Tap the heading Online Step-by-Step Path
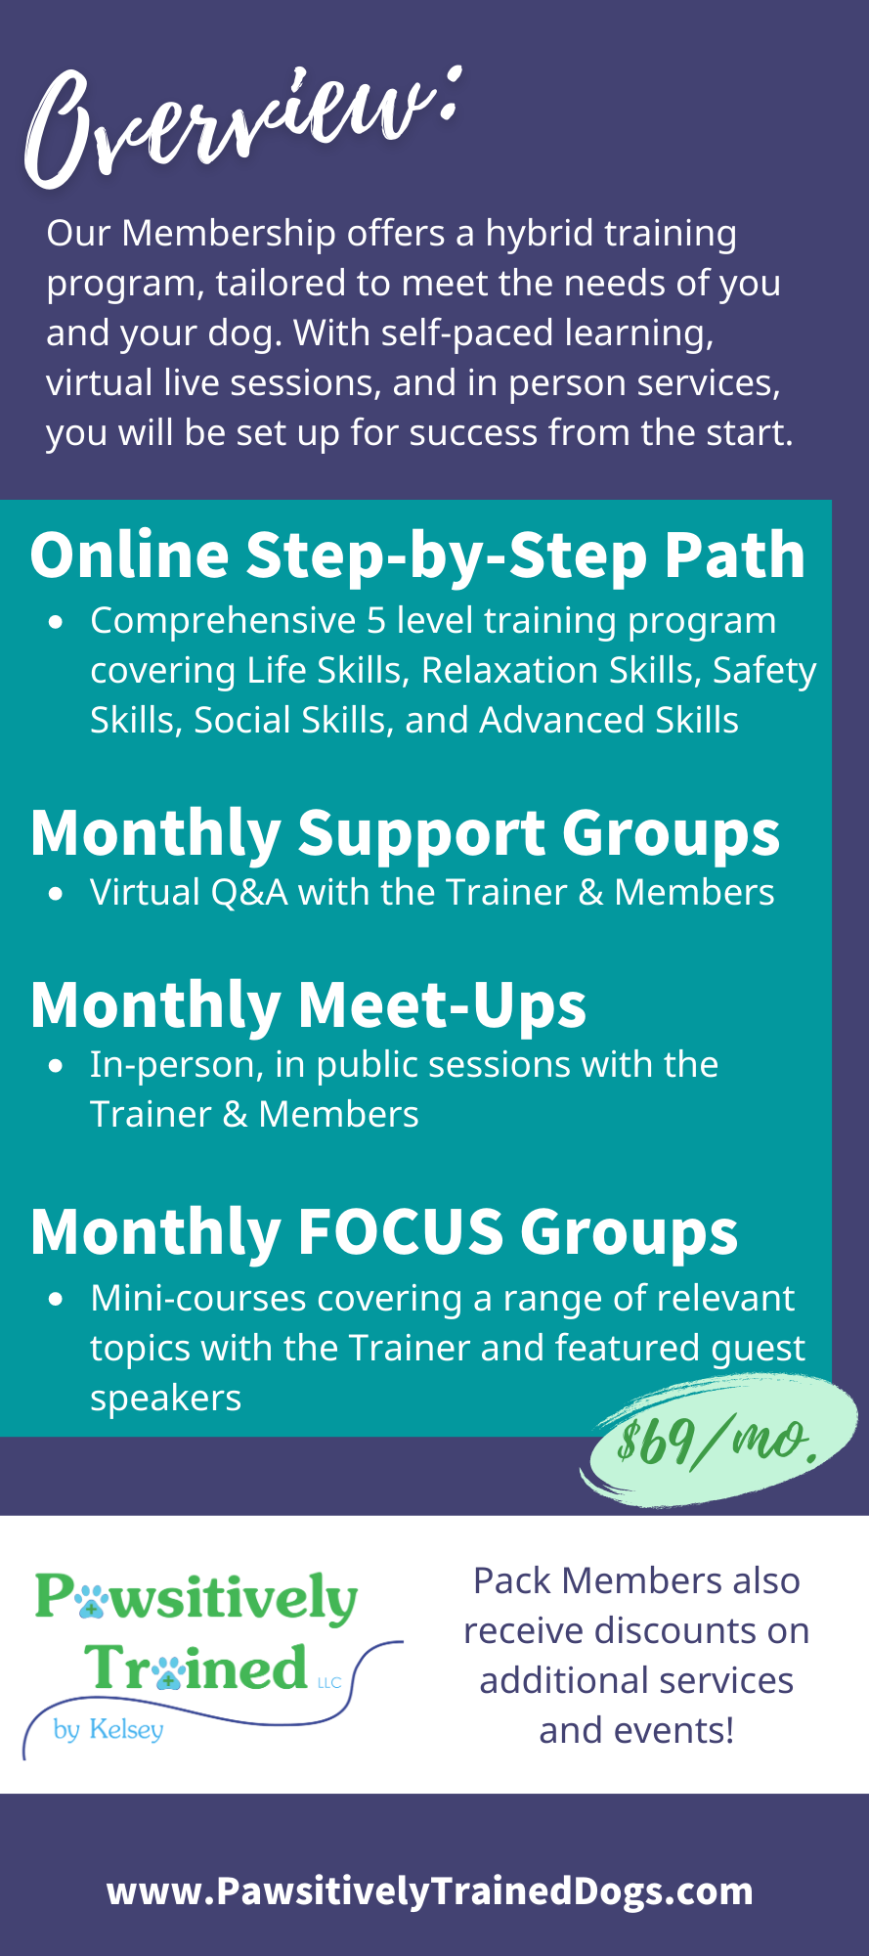[x=417, y=556]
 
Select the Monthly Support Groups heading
[x=405, y=834]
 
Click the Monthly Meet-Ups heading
[x=308, y=1005]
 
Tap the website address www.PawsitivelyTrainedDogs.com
[x=430, y=1890]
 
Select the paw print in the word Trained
[x=168, y=1670]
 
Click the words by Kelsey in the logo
[x=109, y=1729]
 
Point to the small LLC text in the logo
[x=329, y=1682]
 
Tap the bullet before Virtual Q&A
[x=57, y=894]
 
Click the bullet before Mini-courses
[x=57, y=1300]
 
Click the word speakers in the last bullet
[x=165, y=1400]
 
